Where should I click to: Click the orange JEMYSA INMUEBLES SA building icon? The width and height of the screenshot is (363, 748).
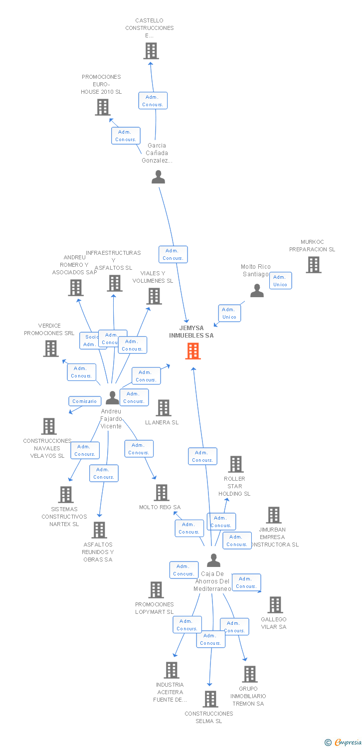[x=193, y=351]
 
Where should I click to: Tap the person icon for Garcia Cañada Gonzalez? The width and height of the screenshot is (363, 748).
[x=158, y=177]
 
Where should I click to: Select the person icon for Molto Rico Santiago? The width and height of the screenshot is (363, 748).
[x=257, y=290]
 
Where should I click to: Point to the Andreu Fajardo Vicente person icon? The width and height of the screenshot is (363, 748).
[x=113, y=397]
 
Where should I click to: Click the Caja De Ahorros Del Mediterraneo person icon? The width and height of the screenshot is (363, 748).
[x=213, y=561]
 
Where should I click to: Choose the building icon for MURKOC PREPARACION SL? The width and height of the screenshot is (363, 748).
[x=313, y=265]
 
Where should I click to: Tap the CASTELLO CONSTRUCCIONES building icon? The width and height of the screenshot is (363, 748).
[x=151, y=51]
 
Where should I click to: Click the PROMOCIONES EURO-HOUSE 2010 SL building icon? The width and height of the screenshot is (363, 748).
[x=103, y=107]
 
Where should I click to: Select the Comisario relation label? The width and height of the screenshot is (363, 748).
[x=84, y=401]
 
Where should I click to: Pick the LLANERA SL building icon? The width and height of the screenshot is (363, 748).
[x=164, y=408]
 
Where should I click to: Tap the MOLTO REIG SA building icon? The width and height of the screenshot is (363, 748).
[x=161, y=493]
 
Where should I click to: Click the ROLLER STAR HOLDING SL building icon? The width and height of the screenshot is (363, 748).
[x=235, y=464]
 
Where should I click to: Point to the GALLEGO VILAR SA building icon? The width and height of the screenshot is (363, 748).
[x=275, y=605]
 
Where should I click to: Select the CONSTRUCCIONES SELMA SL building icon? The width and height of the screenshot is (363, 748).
[x=210, y=699]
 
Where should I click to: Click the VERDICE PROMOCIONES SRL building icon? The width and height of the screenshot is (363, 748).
[x=51, y=349]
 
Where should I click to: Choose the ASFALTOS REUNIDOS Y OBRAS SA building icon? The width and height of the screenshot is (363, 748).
[x=99, y=530]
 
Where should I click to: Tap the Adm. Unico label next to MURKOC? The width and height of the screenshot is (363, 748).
[x=280, y=281]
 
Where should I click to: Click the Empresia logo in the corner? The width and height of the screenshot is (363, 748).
[x=344, y=742]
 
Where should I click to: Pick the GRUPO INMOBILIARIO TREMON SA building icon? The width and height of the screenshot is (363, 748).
[x=249, y=674]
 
